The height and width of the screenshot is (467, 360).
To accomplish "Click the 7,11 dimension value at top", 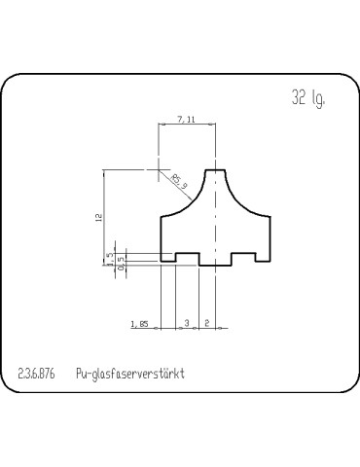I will [187, 119].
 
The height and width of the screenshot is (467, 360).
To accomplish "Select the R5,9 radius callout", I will [178, 180].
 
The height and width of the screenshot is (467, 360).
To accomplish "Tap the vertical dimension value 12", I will [98, 219].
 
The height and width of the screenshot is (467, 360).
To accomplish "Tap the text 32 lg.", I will [306, 97].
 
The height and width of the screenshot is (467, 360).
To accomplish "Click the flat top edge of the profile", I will [215, 170].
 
